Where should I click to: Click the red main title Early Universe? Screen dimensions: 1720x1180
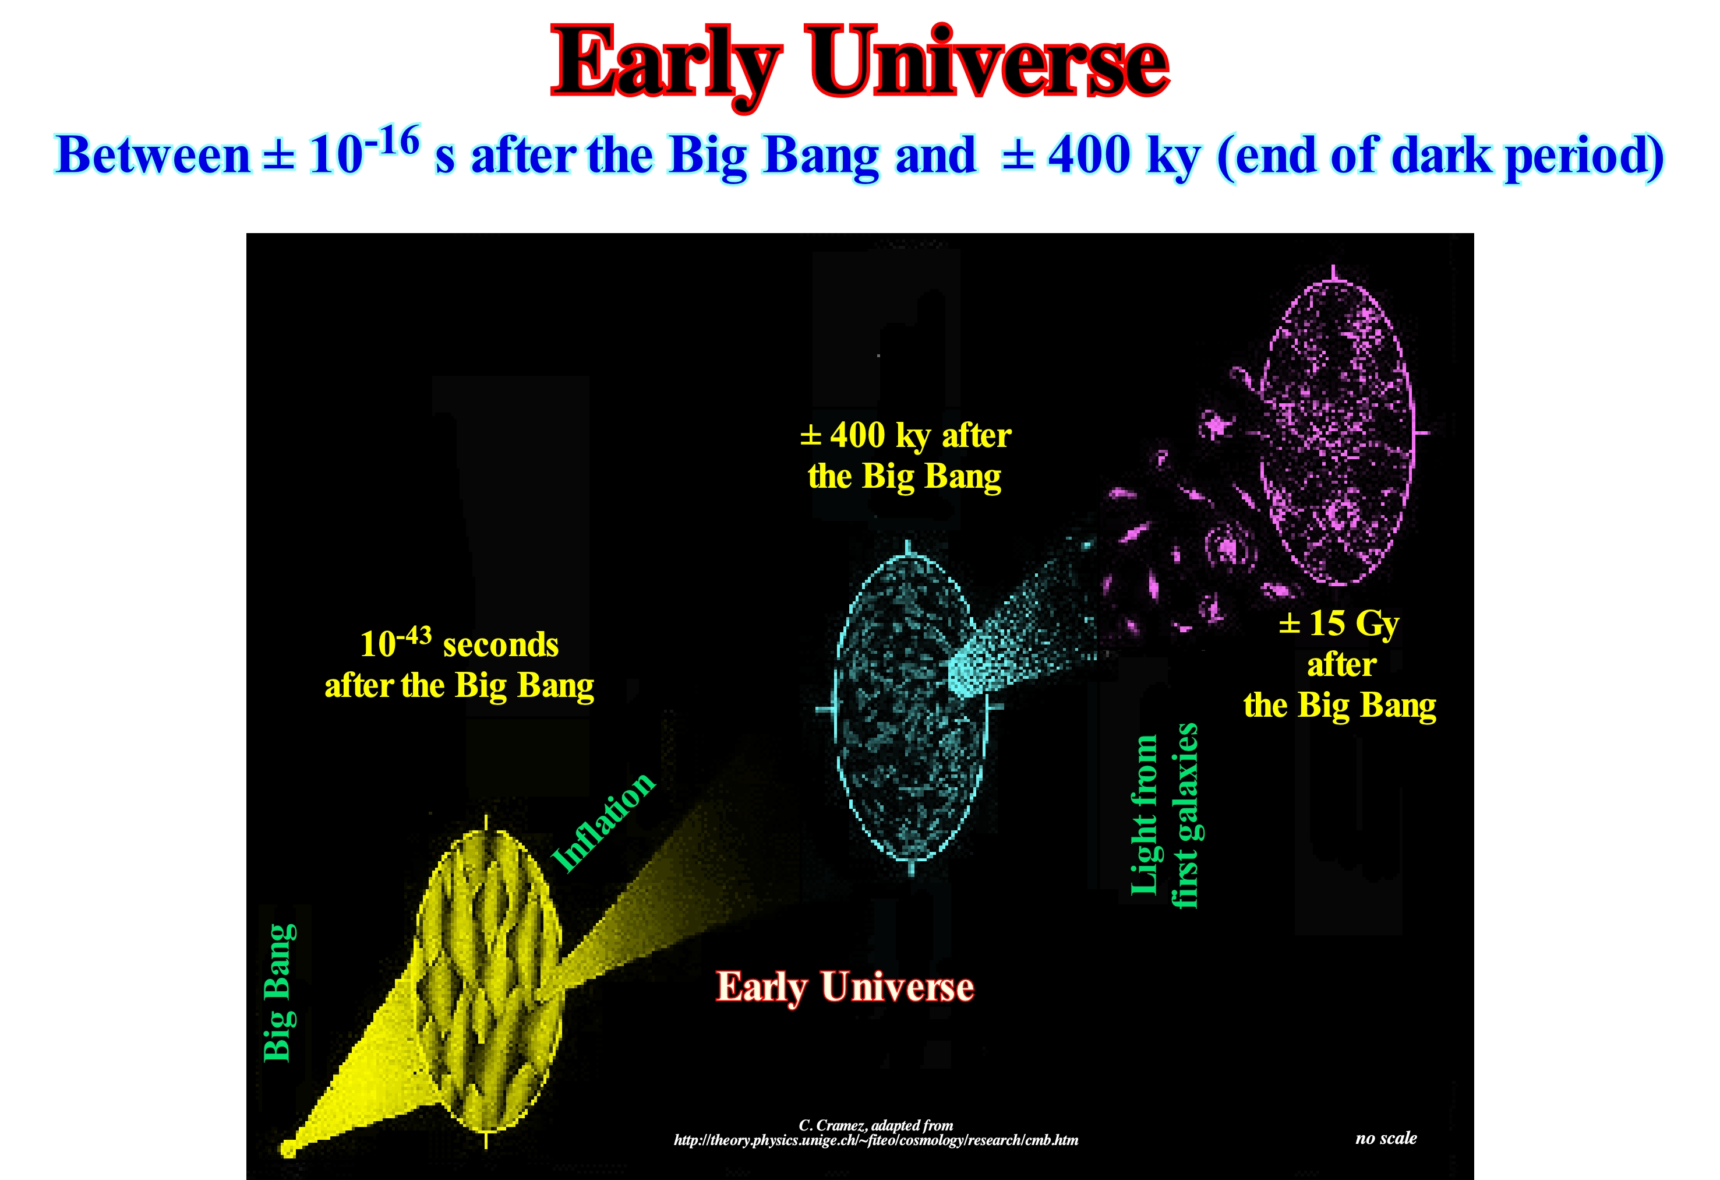pyautogui.click(x=860, y=65)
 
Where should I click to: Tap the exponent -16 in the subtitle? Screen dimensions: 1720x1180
pyautogui.click(x=397, y=140)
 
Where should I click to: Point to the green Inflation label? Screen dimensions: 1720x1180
pyautogui.click(x=604, y=822)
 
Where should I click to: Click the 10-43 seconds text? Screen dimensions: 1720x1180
pyautogui.click(x=459, y=643)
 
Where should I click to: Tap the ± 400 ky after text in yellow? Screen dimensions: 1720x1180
pyautogui.click(x=905, y=435)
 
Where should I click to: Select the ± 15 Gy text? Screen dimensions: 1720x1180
pyautogui.click(x=1340, y=624)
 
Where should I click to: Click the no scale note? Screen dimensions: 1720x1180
pyautogui.click(x=1386, y=1138)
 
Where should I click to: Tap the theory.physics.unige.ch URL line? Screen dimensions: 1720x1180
pyautogui.click(x=875, y=1140)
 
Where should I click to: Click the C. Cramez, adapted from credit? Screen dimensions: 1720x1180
pyautogui.click(x=875, y=1125)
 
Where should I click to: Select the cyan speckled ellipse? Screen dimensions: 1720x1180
pyautogui.click(x=910, y=707)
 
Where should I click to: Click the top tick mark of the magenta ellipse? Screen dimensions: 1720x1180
pyautogui.click(x=1334, y=273)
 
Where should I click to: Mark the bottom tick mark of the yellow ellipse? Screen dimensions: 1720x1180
pyautogui.click(x=486, y=1139)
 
